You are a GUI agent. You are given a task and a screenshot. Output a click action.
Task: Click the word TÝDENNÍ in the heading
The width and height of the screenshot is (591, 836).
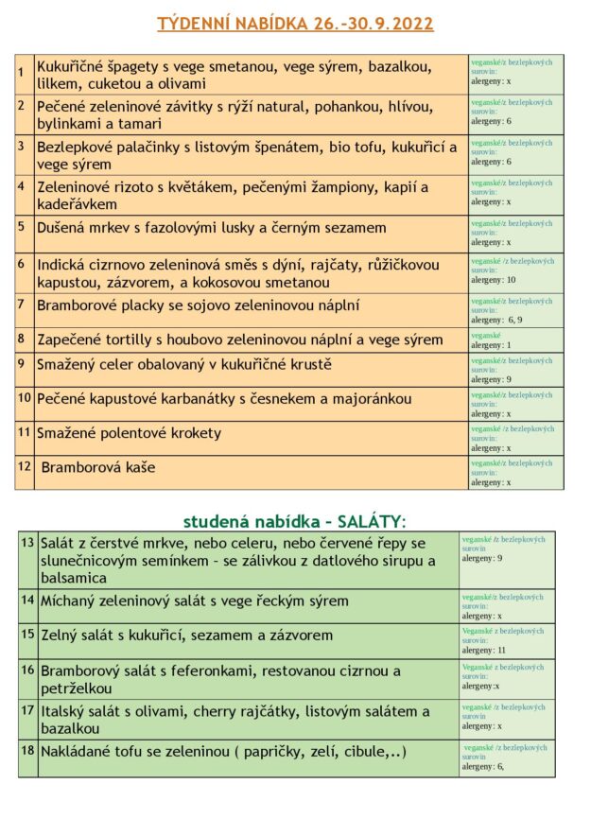199,24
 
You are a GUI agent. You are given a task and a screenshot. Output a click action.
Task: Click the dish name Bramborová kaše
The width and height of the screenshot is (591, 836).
98,467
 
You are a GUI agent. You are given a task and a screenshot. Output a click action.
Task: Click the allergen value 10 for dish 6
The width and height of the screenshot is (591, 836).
511,280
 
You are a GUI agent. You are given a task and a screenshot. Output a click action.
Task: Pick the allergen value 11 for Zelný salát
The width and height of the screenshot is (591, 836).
501,651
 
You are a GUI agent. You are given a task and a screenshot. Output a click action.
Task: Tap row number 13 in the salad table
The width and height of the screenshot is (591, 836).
27,542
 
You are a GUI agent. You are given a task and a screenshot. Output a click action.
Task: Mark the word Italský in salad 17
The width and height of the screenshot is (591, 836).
63,711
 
